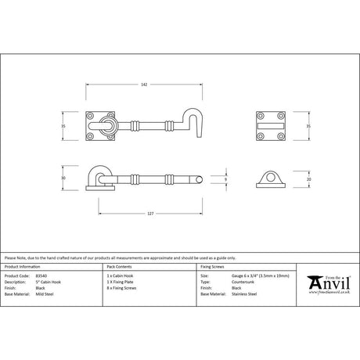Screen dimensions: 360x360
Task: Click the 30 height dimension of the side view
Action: click(x=76, y=178)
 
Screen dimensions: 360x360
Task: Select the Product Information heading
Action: click(x=25, y=268)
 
